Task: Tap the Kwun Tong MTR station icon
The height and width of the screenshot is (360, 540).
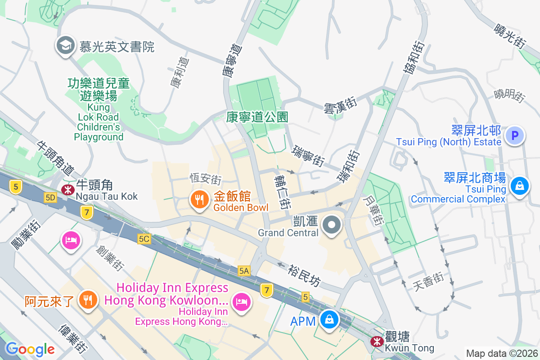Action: (x=376, y=342)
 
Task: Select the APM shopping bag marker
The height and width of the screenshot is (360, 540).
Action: (x=330, y=320)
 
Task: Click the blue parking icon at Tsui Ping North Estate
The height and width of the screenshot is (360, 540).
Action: (x=515, y=135)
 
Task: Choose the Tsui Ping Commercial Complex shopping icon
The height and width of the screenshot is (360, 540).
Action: (x=519, y=186)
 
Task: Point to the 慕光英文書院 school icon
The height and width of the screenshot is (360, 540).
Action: (x=66, y=45)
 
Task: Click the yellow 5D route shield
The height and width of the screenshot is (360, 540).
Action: (x=50, y=198)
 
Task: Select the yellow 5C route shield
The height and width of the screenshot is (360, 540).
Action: (x=144, y=239)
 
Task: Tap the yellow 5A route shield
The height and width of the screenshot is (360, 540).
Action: (x=244, y=270)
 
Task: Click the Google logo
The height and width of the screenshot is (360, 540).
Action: (x=30, y=349)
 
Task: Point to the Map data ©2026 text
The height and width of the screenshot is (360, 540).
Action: (x=501, y=353)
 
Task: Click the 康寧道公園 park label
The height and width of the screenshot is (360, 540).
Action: (x=257, y=117)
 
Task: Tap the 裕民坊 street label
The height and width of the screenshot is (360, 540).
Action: (x=305, y=275)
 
